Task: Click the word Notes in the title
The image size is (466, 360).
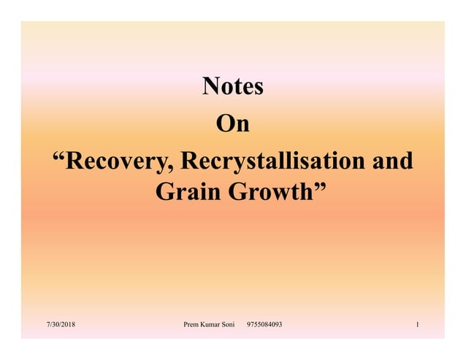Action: click(x=232, y=88)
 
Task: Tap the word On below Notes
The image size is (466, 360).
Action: click(x=232, y=124)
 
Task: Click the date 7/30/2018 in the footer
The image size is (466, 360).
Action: click(x=61, y=323)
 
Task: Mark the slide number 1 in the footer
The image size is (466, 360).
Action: click(x=416, y=323)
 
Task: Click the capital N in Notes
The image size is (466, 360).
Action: click(x=210, y=88)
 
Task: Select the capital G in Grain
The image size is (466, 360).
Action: click(x=165, y=194)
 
